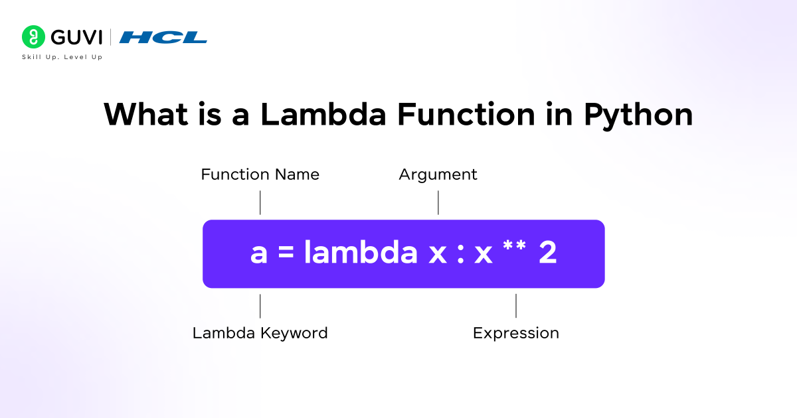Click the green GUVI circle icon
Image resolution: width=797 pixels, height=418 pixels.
pos(33,37)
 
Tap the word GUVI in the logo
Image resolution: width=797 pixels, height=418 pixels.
pos(76,37)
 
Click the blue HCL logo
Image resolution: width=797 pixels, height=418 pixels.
pos(163,37)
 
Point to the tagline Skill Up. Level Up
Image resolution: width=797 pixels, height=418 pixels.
pos(62,57)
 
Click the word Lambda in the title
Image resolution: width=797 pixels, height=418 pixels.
pos(323,114)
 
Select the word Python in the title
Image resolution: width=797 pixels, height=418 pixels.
pos(638,115)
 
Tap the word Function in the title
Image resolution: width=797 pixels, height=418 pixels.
pos(466,114)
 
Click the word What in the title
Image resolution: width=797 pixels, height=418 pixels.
pos(145,114)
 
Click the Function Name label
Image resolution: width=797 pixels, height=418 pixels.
pos(260,174)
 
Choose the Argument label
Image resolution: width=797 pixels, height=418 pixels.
pos(438,175)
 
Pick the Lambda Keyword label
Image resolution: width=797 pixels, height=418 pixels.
pos(260,333)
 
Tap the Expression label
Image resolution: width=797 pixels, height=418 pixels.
pos(516,334)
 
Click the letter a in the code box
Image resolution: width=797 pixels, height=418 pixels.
pos(258,253)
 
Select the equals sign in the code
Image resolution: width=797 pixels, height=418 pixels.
pos(286,252)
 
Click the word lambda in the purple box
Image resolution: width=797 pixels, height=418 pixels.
pos(361,251)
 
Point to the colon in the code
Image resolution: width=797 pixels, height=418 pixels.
pos(460,253)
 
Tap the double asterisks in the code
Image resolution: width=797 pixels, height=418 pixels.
pos(515,245)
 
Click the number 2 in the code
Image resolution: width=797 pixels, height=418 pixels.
pos(548,252)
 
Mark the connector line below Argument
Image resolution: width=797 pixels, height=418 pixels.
pos(438,202)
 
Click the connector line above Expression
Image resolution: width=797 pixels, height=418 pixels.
pos(516,306)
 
